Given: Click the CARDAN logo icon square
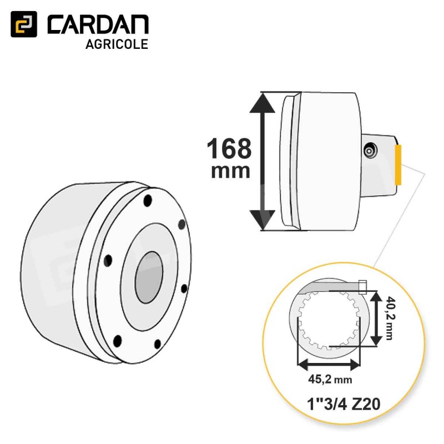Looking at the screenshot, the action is pyautogui.click(x=24, y=24).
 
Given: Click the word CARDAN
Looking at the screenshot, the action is pyautogui.click(x=98, y=24).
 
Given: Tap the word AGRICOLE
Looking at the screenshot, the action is pyautogui.click(x=117, y=44).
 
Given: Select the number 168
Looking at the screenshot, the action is pyautogui.click(x=229, y=148).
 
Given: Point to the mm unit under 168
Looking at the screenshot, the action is pyautogui.click(x=230, y=171).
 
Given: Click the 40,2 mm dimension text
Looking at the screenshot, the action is pyautogui.click(x=390, y=318).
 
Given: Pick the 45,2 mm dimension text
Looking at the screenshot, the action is pyautogui.click(x=330, y=380).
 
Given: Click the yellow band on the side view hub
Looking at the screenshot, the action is pyautogui.click(x=398, y=165).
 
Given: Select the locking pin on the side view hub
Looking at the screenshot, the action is pyautogui.click(x=370, y=151).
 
